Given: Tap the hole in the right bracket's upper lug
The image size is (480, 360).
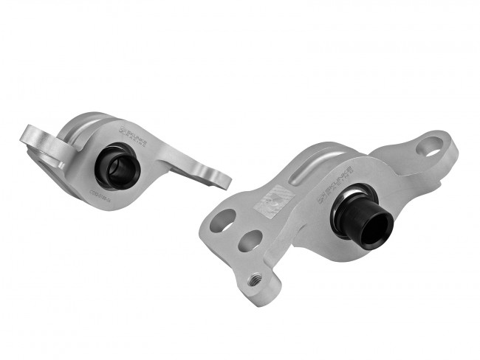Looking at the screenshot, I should (428, 146).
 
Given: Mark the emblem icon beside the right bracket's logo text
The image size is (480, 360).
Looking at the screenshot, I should (322, 198).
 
